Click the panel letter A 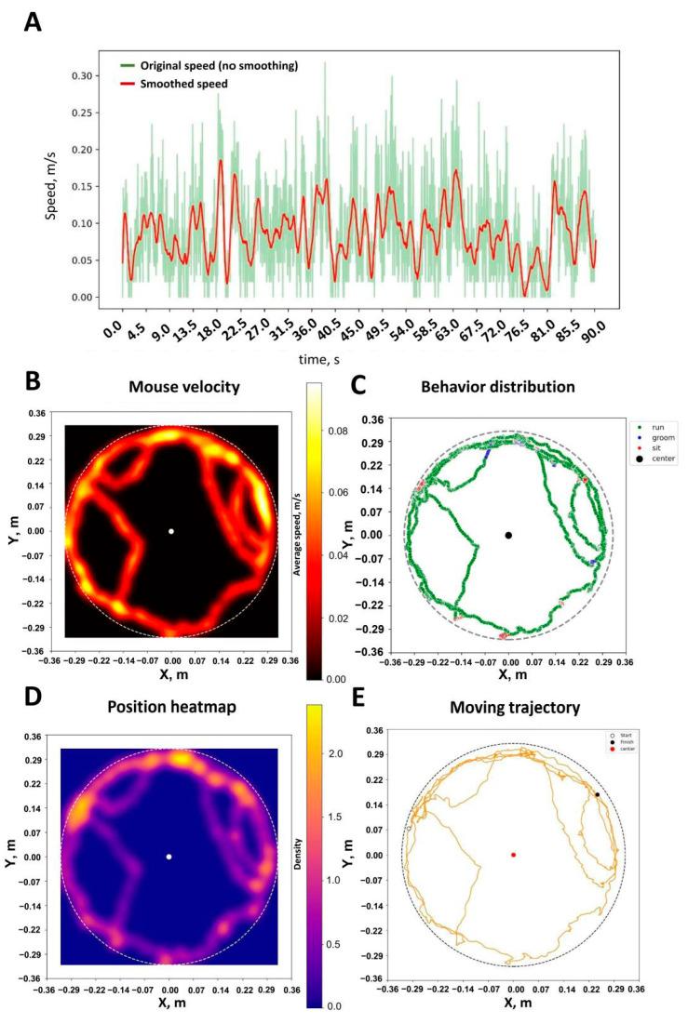click(x=34, y=23)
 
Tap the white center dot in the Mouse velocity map click(x=171, y=531)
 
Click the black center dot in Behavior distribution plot click(x=508, y=535)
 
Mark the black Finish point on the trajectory click(x=597, y=794)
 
